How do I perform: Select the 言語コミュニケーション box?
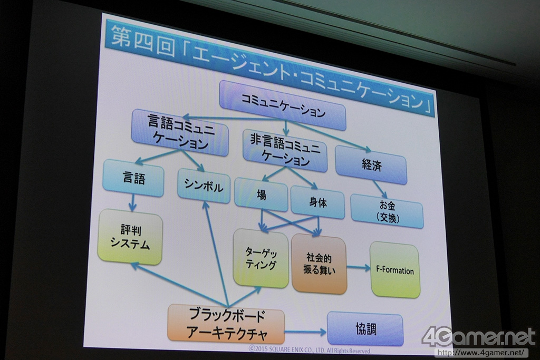(x=180, y=132)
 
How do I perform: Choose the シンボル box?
(x=204, y=186)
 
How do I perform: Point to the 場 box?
(x=261, y=194)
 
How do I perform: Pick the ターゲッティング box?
(x=261, y=258)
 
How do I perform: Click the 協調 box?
(x=365, y=329)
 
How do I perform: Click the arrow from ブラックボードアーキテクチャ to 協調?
(x=305, y=332)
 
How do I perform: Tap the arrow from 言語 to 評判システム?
(x=132, y=202)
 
